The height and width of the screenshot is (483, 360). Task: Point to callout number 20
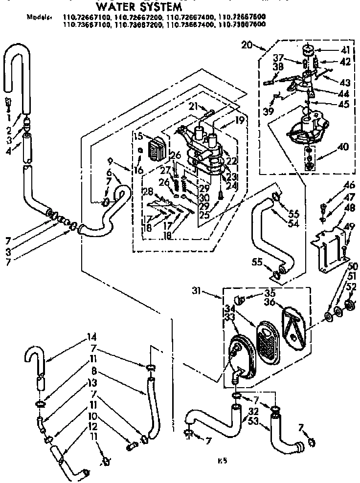(x=247, y=45)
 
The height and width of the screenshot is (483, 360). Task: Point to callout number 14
(x=51, y=337)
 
